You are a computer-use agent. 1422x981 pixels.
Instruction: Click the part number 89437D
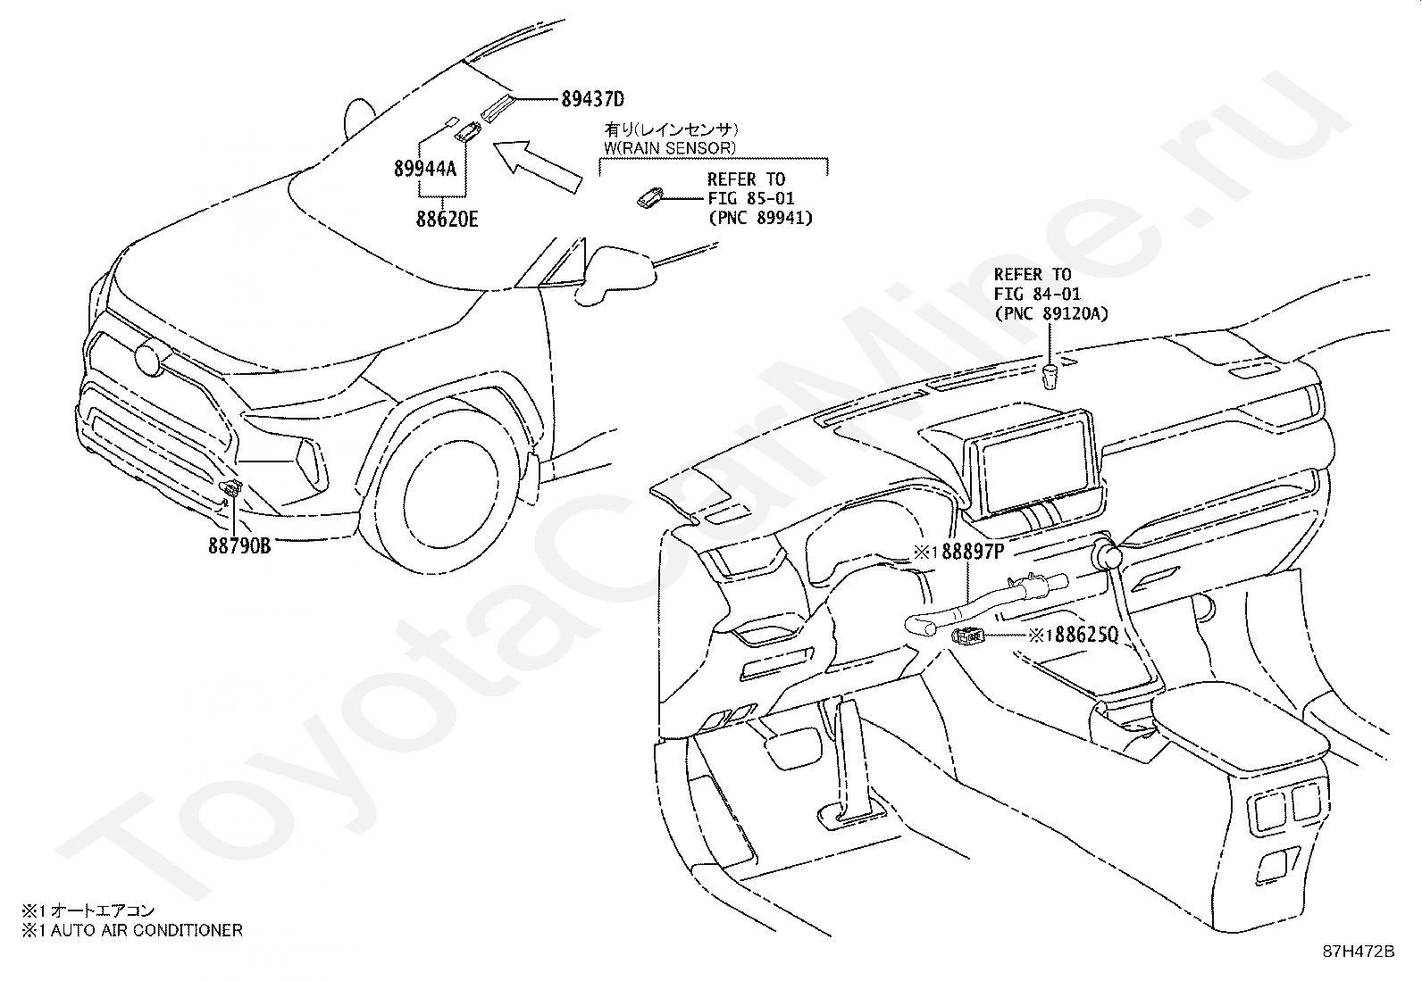tap(593, 99)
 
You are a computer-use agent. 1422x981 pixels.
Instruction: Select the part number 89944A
tap(425, 169)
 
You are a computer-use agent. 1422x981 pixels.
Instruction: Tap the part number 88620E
tap(447, 219)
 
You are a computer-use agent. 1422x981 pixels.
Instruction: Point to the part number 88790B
tap(240, 545)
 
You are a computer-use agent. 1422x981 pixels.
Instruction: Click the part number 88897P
tap(974, 552)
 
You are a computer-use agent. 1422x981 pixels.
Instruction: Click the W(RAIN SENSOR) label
tap(670, 148)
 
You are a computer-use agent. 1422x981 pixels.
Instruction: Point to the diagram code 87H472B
tap(1359, 952)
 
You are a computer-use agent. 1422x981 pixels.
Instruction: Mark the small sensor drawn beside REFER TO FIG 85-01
tap(650, 197)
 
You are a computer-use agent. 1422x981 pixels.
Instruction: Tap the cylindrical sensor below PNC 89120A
tap(1050, 377)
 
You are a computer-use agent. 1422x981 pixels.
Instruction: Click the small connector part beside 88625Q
tap(967, 636)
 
